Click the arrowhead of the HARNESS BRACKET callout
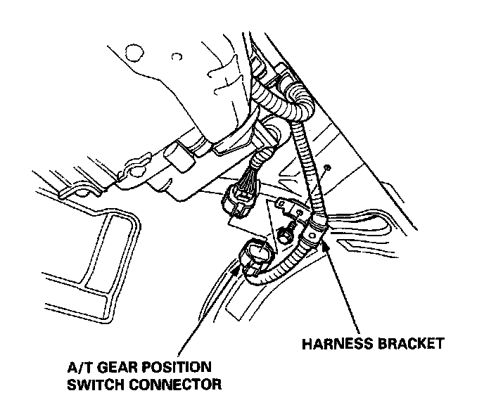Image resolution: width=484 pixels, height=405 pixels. (324, 243)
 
